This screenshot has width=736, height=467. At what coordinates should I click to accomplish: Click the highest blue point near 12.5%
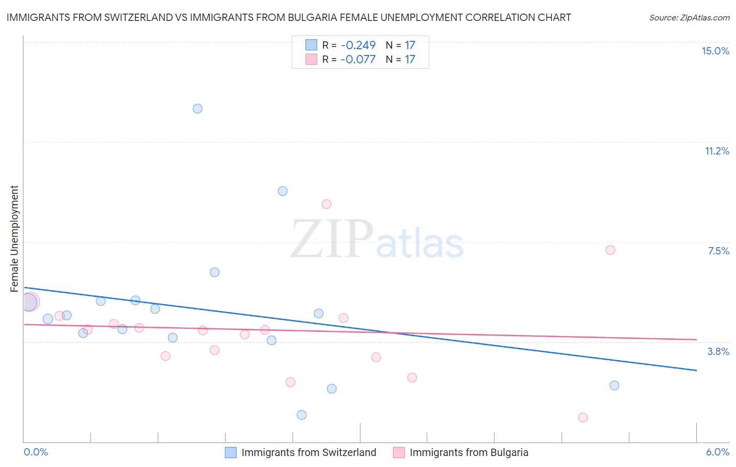[197, 109]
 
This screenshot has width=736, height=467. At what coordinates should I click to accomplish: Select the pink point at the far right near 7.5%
[610, 250]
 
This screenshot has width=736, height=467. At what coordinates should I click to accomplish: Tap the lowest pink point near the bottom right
[583, 417]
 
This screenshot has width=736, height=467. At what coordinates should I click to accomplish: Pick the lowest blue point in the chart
[302, 415]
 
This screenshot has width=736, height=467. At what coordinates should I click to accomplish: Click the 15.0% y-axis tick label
[715, 51]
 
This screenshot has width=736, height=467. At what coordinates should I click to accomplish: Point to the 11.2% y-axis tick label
[717, 151]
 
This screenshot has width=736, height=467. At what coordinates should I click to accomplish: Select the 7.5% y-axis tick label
[718, 251]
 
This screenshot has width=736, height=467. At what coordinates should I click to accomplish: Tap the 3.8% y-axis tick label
[718, 351]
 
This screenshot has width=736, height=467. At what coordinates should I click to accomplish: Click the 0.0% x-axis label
[36, 452]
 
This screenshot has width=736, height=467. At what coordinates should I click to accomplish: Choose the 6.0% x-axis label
[717, 452]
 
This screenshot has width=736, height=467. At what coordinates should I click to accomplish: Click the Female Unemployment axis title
[14, 239]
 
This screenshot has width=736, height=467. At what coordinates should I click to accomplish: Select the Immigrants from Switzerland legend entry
[308, 452]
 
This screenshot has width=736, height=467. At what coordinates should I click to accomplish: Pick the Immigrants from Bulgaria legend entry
[469, 452]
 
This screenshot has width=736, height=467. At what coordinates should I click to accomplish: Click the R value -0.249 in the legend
[358, 45]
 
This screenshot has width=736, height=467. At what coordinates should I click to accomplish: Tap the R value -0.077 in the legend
[358, 59]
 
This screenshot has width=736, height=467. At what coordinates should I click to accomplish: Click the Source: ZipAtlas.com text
[689, 17]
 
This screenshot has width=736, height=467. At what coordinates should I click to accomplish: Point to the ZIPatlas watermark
[377, 240]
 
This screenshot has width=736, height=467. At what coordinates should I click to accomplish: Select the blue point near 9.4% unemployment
[283, 191]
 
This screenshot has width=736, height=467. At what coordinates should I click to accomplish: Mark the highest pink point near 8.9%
[327, 204]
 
